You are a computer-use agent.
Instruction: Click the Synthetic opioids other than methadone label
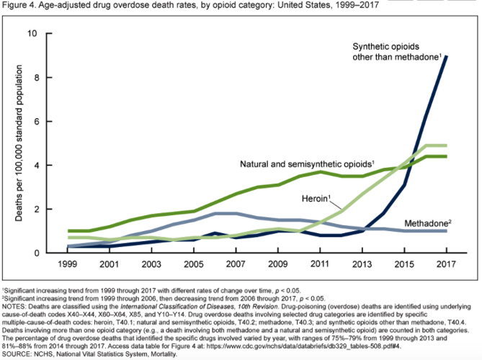tap(396, 53)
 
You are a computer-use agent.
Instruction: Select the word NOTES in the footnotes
tap(15, 304)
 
